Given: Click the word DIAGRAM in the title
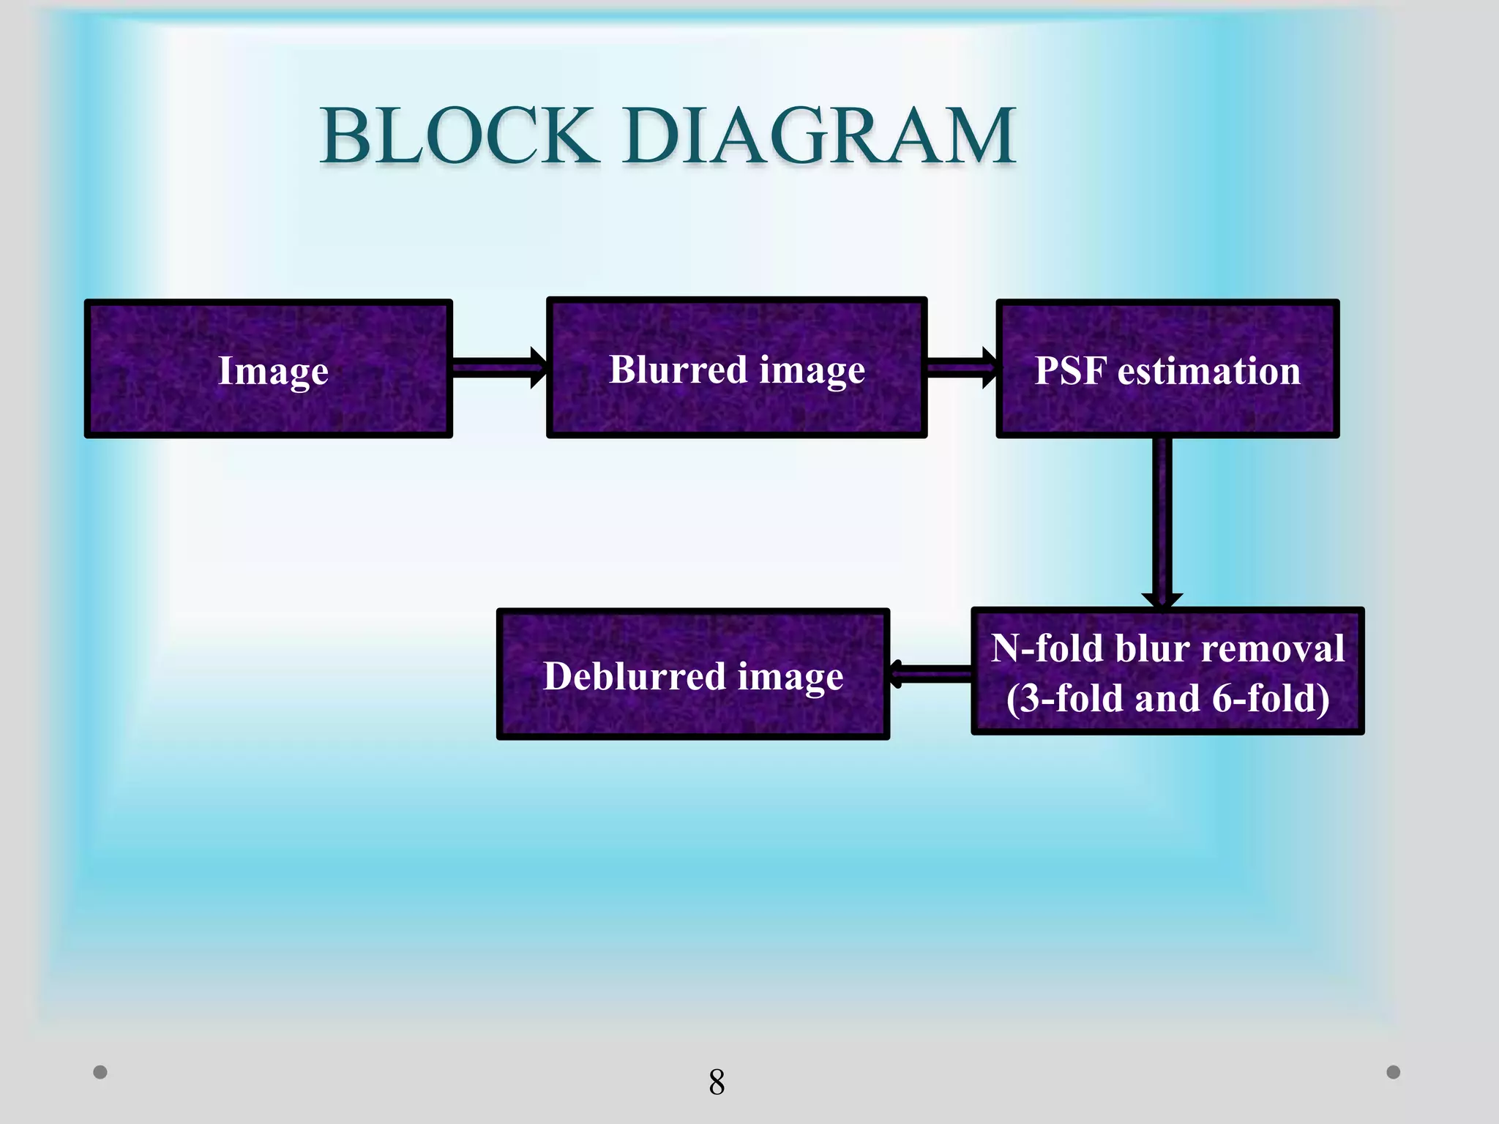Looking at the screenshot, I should point(820,136).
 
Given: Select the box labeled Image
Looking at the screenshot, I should point(269,369).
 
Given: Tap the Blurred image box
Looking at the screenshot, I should point(737,368).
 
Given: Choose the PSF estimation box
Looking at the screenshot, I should point(1167,369).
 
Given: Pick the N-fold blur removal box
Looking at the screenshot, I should point(1167,671).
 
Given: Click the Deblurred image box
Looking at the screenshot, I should point(693,674).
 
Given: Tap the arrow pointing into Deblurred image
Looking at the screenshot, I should point(930,673).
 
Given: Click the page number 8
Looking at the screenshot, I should point(717,1082).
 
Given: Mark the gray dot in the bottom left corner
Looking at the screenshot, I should point(100,1072).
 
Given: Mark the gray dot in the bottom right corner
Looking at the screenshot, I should point(1394,1072).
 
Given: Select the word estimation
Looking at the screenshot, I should point(1209,370).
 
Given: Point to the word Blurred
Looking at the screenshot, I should point(678,369).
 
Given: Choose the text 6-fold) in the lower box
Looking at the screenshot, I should point(1271,698).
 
